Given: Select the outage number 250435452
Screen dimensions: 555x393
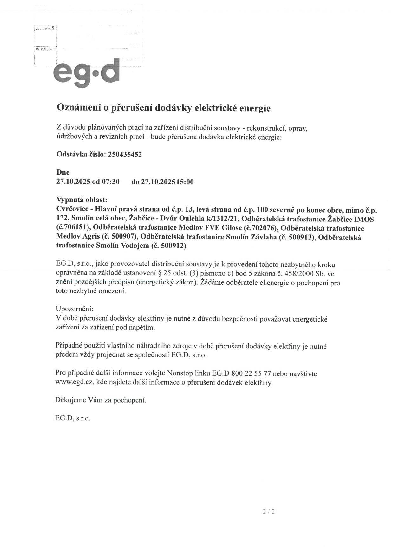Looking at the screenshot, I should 125,155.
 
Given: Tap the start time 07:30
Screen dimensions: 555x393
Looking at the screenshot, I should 110,182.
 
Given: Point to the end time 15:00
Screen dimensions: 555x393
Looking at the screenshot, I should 185,182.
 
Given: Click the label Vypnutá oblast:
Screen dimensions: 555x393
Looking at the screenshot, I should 82,200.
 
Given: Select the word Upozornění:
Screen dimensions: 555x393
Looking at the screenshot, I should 75,309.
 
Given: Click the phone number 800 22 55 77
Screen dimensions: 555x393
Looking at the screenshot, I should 252,373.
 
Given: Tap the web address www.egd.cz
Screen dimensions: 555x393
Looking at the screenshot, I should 74,382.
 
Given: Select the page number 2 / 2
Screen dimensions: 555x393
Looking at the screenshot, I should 268,511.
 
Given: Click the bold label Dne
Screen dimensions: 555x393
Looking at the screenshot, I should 63,172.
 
